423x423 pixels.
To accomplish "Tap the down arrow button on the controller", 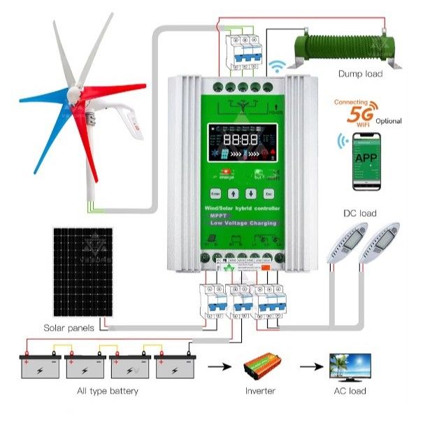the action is [250, 193].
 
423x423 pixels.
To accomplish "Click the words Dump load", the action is [360, 73].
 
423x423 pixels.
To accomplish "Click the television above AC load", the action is [350, 366].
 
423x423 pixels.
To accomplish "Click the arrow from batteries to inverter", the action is [220, 366].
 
